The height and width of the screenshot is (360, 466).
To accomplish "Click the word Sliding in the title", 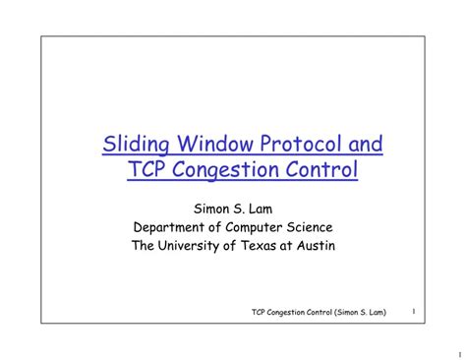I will [133, 147].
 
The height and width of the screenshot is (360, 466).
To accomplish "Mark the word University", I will [196, 245].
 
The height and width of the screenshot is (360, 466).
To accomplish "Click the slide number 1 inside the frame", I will [413, 312].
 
